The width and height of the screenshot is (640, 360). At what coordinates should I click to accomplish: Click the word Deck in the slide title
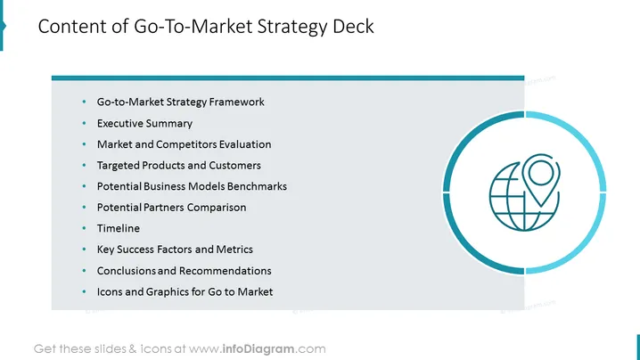point(353,27)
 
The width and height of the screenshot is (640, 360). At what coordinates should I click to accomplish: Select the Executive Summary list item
point(144,123)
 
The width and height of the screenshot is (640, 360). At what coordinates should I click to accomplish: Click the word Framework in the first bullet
point(237,102)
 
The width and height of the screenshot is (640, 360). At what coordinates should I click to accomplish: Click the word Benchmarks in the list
point(257,186)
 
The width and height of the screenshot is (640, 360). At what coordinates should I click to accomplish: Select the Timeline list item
point(119,228)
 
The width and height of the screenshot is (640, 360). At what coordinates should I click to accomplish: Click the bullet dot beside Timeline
point(84,228)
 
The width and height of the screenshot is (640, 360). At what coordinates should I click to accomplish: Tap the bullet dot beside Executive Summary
point(84,123)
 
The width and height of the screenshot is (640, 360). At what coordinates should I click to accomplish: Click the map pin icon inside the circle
point(541,179)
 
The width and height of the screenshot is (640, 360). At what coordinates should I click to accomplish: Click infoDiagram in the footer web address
point(258,349)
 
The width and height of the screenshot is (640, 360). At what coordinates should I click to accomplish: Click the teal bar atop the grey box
point(288,78)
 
